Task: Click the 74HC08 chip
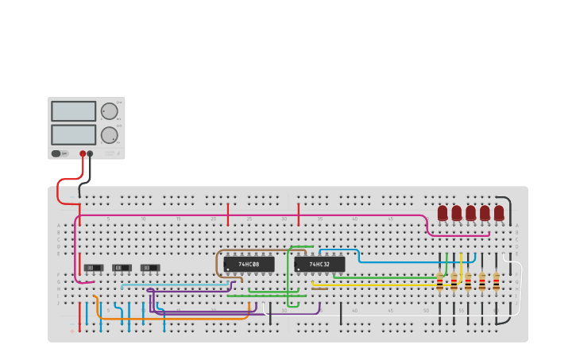[x=249, y=264]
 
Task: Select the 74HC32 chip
[x=319, y=264]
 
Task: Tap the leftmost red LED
[x=443, y=213]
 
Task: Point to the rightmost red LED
[x=499, y=213]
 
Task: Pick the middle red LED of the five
[x=470, y=213]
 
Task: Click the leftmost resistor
[x=439, y=281]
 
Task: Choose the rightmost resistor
[x=496, y=281]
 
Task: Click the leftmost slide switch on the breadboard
[x=94, y=268]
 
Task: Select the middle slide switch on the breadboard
[x=122, y=268]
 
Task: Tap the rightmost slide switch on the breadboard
[x=150, y=268]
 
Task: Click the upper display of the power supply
[x=73, y=111]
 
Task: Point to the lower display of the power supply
[x=73, y=134]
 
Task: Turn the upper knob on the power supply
[x=109, y=111]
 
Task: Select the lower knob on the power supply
[x=109, y=135]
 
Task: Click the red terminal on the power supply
[x=83, y=153]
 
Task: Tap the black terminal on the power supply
[x=90, y=153]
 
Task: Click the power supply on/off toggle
[x=56, y=153]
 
